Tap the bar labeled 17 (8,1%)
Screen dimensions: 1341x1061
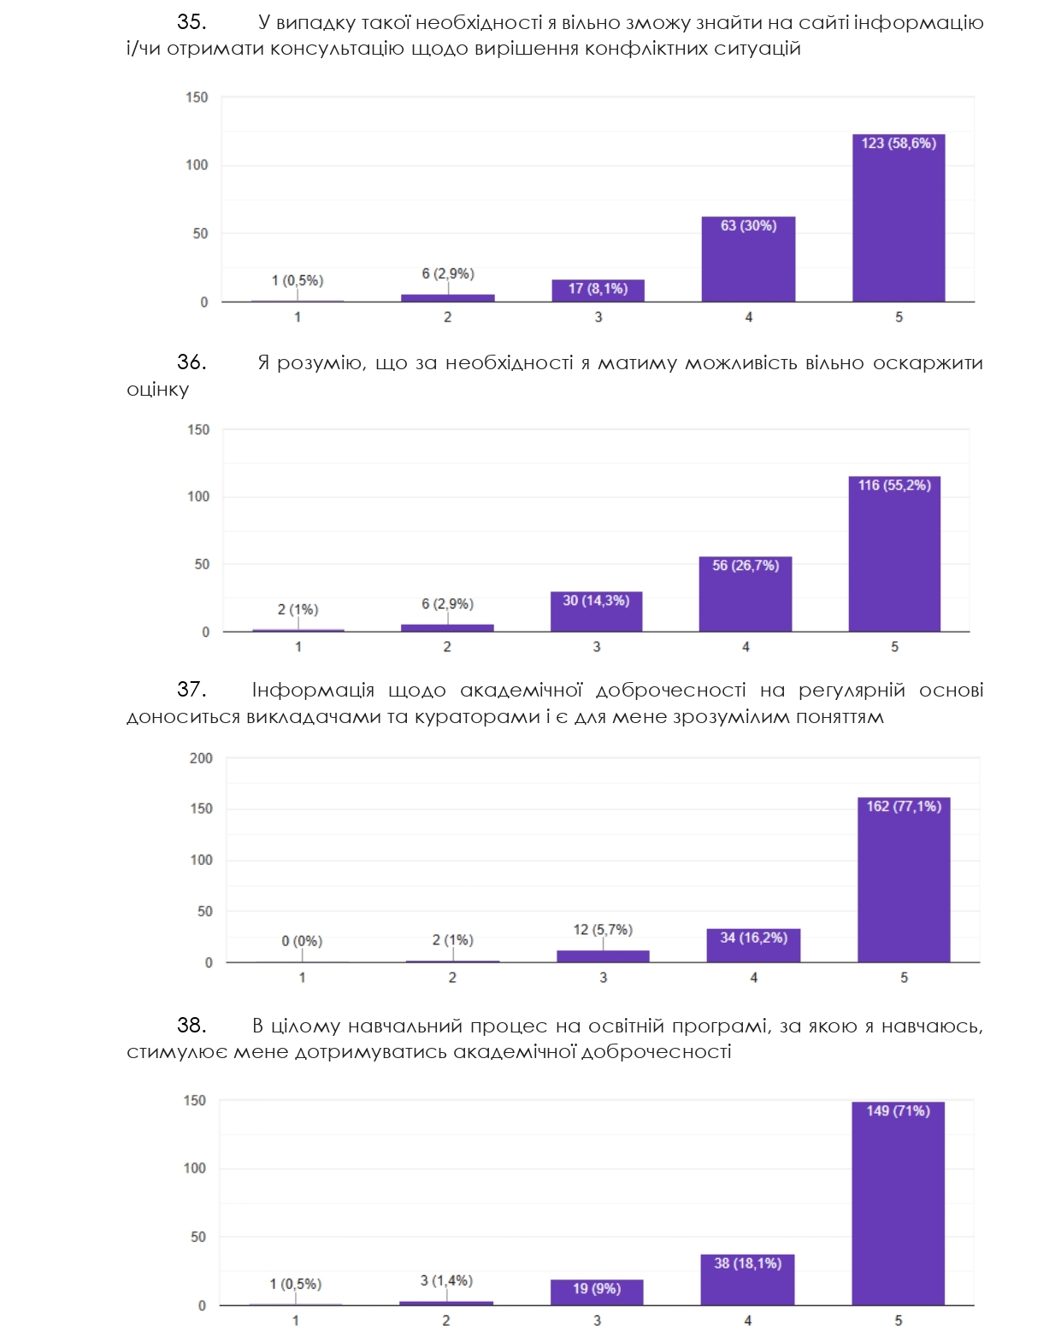(x=598, y=291)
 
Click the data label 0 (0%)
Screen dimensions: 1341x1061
(x=302, y=941)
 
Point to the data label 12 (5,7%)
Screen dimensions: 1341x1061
(x=603, y=929)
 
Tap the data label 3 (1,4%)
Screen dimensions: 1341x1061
(x=446, y=1280)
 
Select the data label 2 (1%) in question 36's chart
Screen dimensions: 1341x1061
(x=298, y=609)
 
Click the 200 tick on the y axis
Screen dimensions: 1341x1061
(x=201, y=758)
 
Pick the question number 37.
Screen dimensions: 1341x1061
(x=191, y=690)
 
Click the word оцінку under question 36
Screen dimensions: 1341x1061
(x=157, y=390)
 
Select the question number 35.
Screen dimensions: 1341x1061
(x=191, y=22)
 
